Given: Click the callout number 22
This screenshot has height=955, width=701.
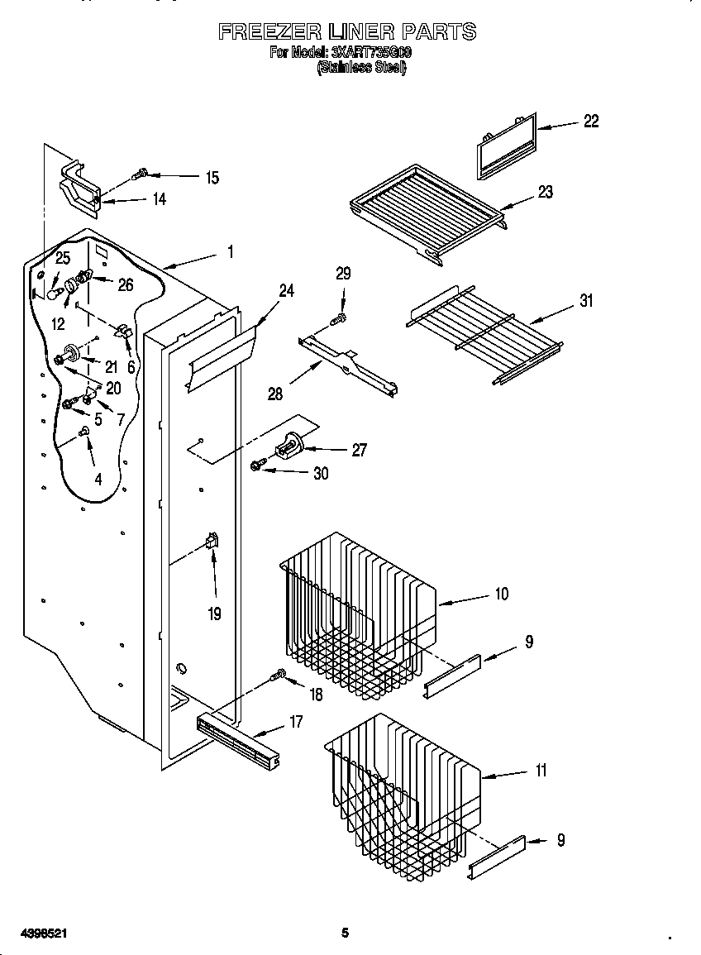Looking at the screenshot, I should pos(590,121).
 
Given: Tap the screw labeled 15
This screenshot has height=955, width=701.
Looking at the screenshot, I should pos(140,174).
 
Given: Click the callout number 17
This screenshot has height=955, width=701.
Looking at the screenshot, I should pos(296,722).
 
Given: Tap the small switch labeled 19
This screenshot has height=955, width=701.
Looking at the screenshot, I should pos(211,543).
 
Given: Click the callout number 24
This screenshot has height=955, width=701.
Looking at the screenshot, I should pos(286,290).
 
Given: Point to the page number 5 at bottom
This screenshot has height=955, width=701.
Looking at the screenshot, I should pos(346,933).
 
